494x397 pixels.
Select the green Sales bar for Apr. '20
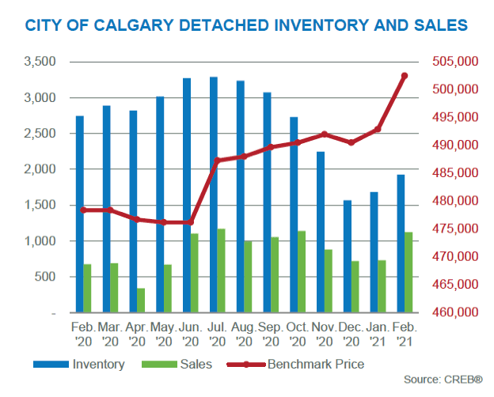point(141,301)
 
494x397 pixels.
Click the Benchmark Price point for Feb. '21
point(404,76)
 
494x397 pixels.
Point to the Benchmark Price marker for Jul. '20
point(216,161)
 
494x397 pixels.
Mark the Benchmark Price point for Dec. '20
point(351,142)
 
